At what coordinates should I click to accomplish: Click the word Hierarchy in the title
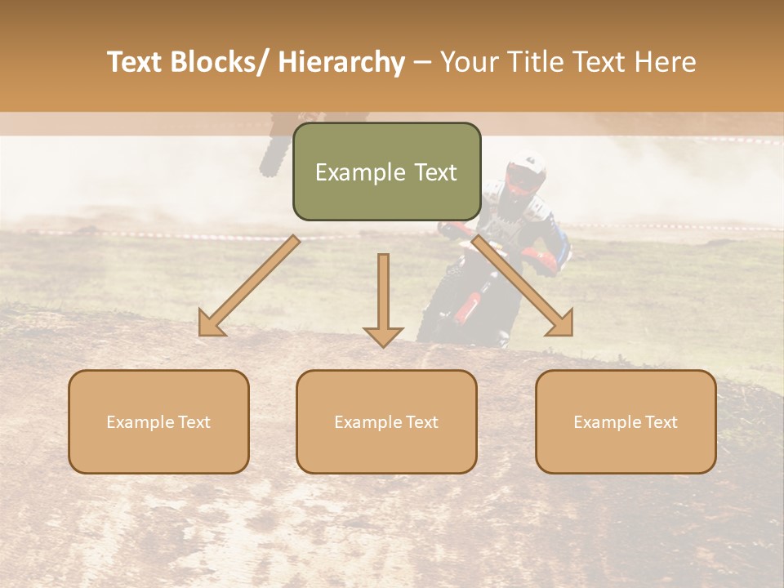[x=341, y=62]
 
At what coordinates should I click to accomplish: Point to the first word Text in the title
[x=136, y=62]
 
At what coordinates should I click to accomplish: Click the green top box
[x=386, y=171]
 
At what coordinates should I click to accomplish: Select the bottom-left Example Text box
[x=158, y=421]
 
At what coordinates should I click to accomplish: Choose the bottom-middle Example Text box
[x=386, y=421]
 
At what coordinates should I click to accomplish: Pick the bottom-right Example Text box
[x=626, y=421]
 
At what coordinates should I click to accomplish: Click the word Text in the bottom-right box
[x=660, y=422]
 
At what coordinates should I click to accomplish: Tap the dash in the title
[x=422, y=62]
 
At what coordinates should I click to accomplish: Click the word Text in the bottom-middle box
[x=421, y=422]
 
